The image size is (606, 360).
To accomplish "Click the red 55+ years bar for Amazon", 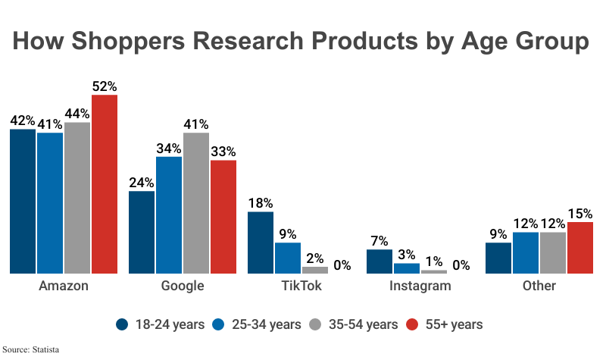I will (x=105, y=183).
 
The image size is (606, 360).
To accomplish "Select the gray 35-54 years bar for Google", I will (x=195, y=202).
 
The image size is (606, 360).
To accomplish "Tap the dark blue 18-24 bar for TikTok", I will (x=261, y=243).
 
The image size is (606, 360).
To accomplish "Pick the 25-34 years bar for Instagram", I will (x=407, y=268).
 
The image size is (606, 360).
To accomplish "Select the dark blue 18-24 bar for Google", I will (x=142, y=232).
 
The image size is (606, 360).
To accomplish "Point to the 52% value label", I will (x=105, y=86).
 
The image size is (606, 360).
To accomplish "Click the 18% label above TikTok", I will (x=261, y=203).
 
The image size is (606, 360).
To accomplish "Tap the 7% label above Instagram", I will (x=380, y=240).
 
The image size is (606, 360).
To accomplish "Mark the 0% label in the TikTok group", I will (x=342, y=265).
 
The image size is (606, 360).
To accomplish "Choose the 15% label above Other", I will (x=580, y=214).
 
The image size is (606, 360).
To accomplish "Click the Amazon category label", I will (x=63, y=286).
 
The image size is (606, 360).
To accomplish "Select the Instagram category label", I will (x=420, y=286).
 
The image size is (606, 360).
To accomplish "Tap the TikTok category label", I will (x=301, y=286).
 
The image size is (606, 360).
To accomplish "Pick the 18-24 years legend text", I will (x=170, y=324).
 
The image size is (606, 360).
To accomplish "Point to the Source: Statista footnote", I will (x=31, y=349).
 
